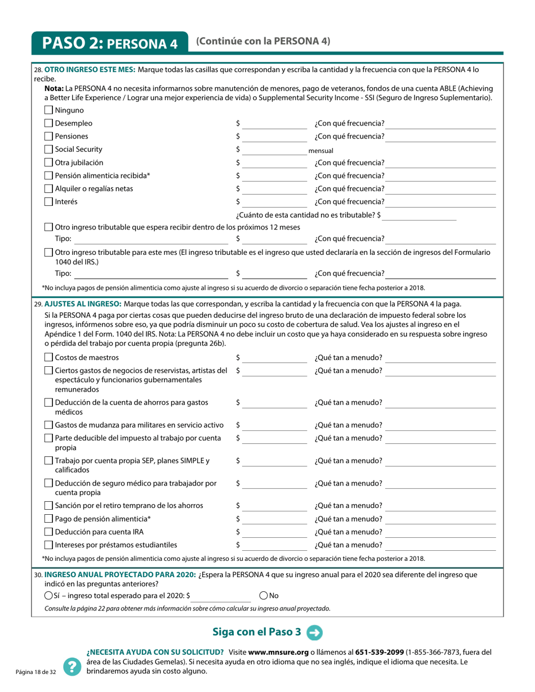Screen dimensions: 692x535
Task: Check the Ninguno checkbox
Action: pos(48,110)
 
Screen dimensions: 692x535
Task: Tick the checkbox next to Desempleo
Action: pos(48,123)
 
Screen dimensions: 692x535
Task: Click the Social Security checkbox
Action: pos(48,150)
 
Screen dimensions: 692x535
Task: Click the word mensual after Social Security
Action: pos(321,151)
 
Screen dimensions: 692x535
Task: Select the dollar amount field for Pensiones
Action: pos(275,137)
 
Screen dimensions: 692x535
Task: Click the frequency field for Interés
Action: pos(442,201)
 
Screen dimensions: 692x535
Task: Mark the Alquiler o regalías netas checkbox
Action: pos(48,188)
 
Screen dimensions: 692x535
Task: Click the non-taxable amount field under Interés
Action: pos(420,215)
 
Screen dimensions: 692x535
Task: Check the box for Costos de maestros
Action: pos(48,358)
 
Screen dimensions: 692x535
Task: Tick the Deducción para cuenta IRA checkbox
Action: pos(48,532)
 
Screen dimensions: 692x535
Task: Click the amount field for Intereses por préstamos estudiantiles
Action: pos(275,545)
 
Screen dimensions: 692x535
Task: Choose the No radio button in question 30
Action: pos(264,595)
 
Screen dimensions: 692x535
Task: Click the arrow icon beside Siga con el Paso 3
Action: pos(314,632)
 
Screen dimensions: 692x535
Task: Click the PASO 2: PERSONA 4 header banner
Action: pos(110,43)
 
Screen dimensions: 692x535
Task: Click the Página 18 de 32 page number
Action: pos(36,672)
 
